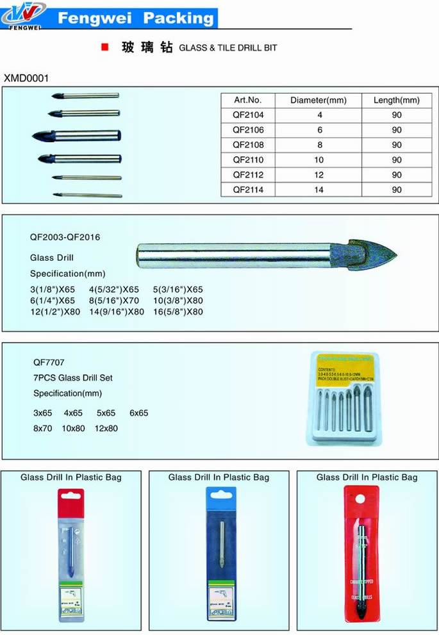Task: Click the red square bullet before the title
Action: tap(103, 47)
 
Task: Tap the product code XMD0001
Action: tap(26, 78)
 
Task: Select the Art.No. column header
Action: tap(248, 100)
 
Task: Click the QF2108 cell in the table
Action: tap(248, 145)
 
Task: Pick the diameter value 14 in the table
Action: tap(319, 190)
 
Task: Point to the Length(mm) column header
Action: tap(397, 100)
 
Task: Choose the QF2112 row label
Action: tap(248, 174)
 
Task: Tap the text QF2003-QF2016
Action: tap(65, 237)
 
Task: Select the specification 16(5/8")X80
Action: tap(178, 312)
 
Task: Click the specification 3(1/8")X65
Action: tap(53, 289)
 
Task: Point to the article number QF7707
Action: tap(49, 362)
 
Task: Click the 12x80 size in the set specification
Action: tap(106, 428)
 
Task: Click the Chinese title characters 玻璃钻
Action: tap(147, 47)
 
